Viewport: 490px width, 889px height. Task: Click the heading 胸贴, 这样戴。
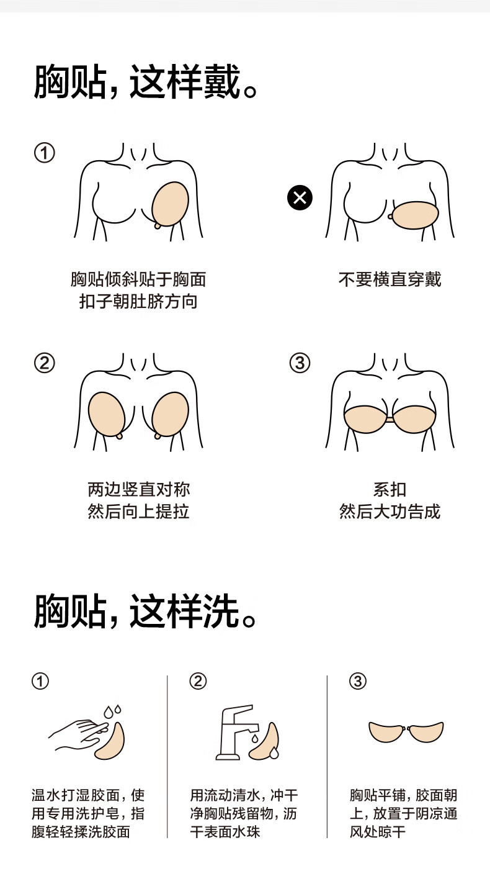pyautogui.click(x=146, y=82)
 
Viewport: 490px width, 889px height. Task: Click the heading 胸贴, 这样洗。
pyautogui.click(x=146, y=611)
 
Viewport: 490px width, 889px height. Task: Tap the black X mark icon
pyautogui.click(x=300, y=197)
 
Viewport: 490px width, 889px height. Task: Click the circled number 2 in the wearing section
pyautogui.click(x=45, y=363)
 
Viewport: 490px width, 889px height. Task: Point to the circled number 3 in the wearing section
pyautogui.click(x=300, y=363)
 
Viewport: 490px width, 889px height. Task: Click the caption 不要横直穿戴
pyautogui.click(x=390, y=279)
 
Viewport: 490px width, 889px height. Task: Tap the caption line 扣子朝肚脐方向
pyautogui.click(x=138, y=302)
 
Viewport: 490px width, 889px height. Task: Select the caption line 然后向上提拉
pyautogui.click(x=138, y=512)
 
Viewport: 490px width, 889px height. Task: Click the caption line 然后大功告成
pyautogui.click(x=390, y=512)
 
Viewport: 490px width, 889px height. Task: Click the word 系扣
pyautogui.click(x=390, y=490)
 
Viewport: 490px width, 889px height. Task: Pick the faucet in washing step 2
pyautogui.click(x=237, y=732)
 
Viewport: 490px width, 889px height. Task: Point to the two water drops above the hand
pyautogui.click(x=112, y=711)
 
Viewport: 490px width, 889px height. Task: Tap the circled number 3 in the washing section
pyautogui.click(x=358, y=681)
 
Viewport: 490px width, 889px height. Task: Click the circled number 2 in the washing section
pyautogui.click(x=198, y=681)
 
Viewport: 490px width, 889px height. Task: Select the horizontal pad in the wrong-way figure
pyautogui.click(x=416, y=215)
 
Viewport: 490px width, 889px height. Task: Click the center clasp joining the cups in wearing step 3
pyautogui.click(x=390, y=420)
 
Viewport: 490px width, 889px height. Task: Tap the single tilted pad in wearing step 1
pyautogui.click(x=171, y=204)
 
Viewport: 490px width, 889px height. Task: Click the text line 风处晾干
pyautogui.click(x=377, y=831)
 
